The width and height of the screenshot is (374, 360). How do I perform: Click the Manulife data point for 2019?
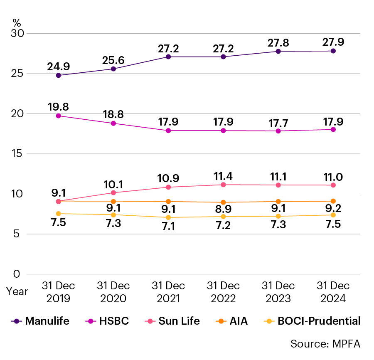pyautogui.click(x=59, y=75)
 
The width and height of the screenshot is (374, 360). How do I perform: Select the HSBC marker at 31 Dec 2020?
pyautogui.click(x=113, y=123)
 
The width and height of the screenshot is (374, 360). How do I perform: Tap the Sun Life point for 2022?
pyautogui.click(x=223, y=185)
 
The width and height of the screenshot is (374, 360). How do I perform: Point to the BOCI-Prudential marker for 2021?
pyautogui.click(x=168, y=217)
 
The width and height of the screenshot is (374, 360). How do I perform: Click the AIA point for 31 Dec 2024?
pyautogui.click(x=333, y=201)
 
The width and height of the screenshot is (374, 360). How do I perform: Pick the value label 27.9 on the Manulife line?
pyautogui.click(x=333, y=42)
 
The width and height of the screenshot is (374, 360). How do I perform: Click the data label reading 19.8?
pyautogui.click(x=59, y=107)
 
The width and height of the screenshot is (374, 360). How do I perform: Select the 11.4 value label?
pyautogui.click(x=223, y=175)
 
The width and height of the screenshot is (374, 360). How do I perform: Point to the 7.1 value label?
pyautogui.click(x=168, y=227)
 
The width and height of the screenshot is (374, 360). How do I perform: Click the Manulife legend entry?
pyautogui.click(x=40, y=321)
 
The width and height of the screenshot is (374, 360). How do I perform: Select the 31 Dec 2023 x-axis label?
pyautogui.click(x=278, y=292)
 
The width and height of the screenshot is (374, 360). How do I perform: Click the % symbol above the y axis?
pyautogui.click(x=17, y=23)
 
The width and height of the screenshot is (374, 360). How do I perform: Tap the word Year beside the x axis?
pyautogui.click(x=17, y=292)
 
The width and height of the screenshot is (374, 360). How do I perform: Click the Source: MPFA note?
pyautogui.click(x=325, y=344)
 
